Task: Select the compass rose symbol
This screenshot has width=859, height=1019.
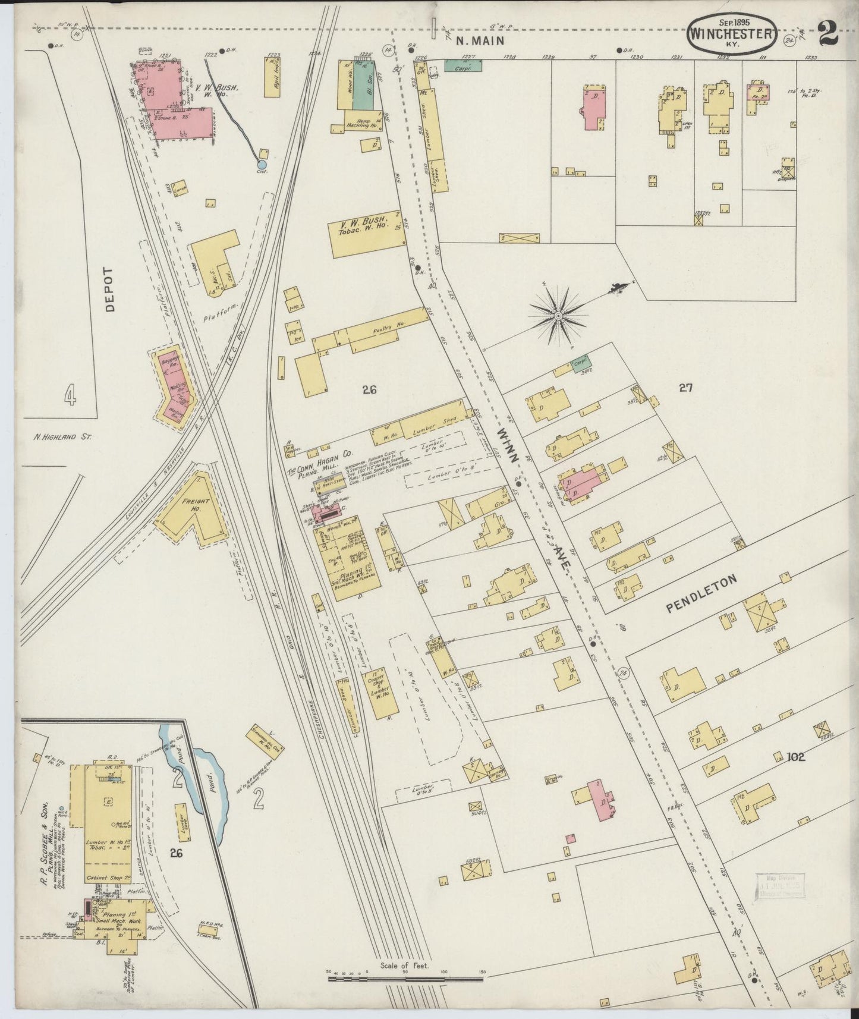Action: (558, 317)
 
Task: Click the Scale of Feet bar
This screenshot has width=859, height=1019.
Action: (405, 976)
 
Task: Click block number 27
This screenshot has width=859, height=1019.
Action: (686, 388)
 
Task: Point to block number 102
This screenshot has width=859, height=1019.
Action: (795, 757)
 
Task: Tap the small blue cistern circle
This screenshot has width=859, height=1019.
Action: (261, 163)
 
